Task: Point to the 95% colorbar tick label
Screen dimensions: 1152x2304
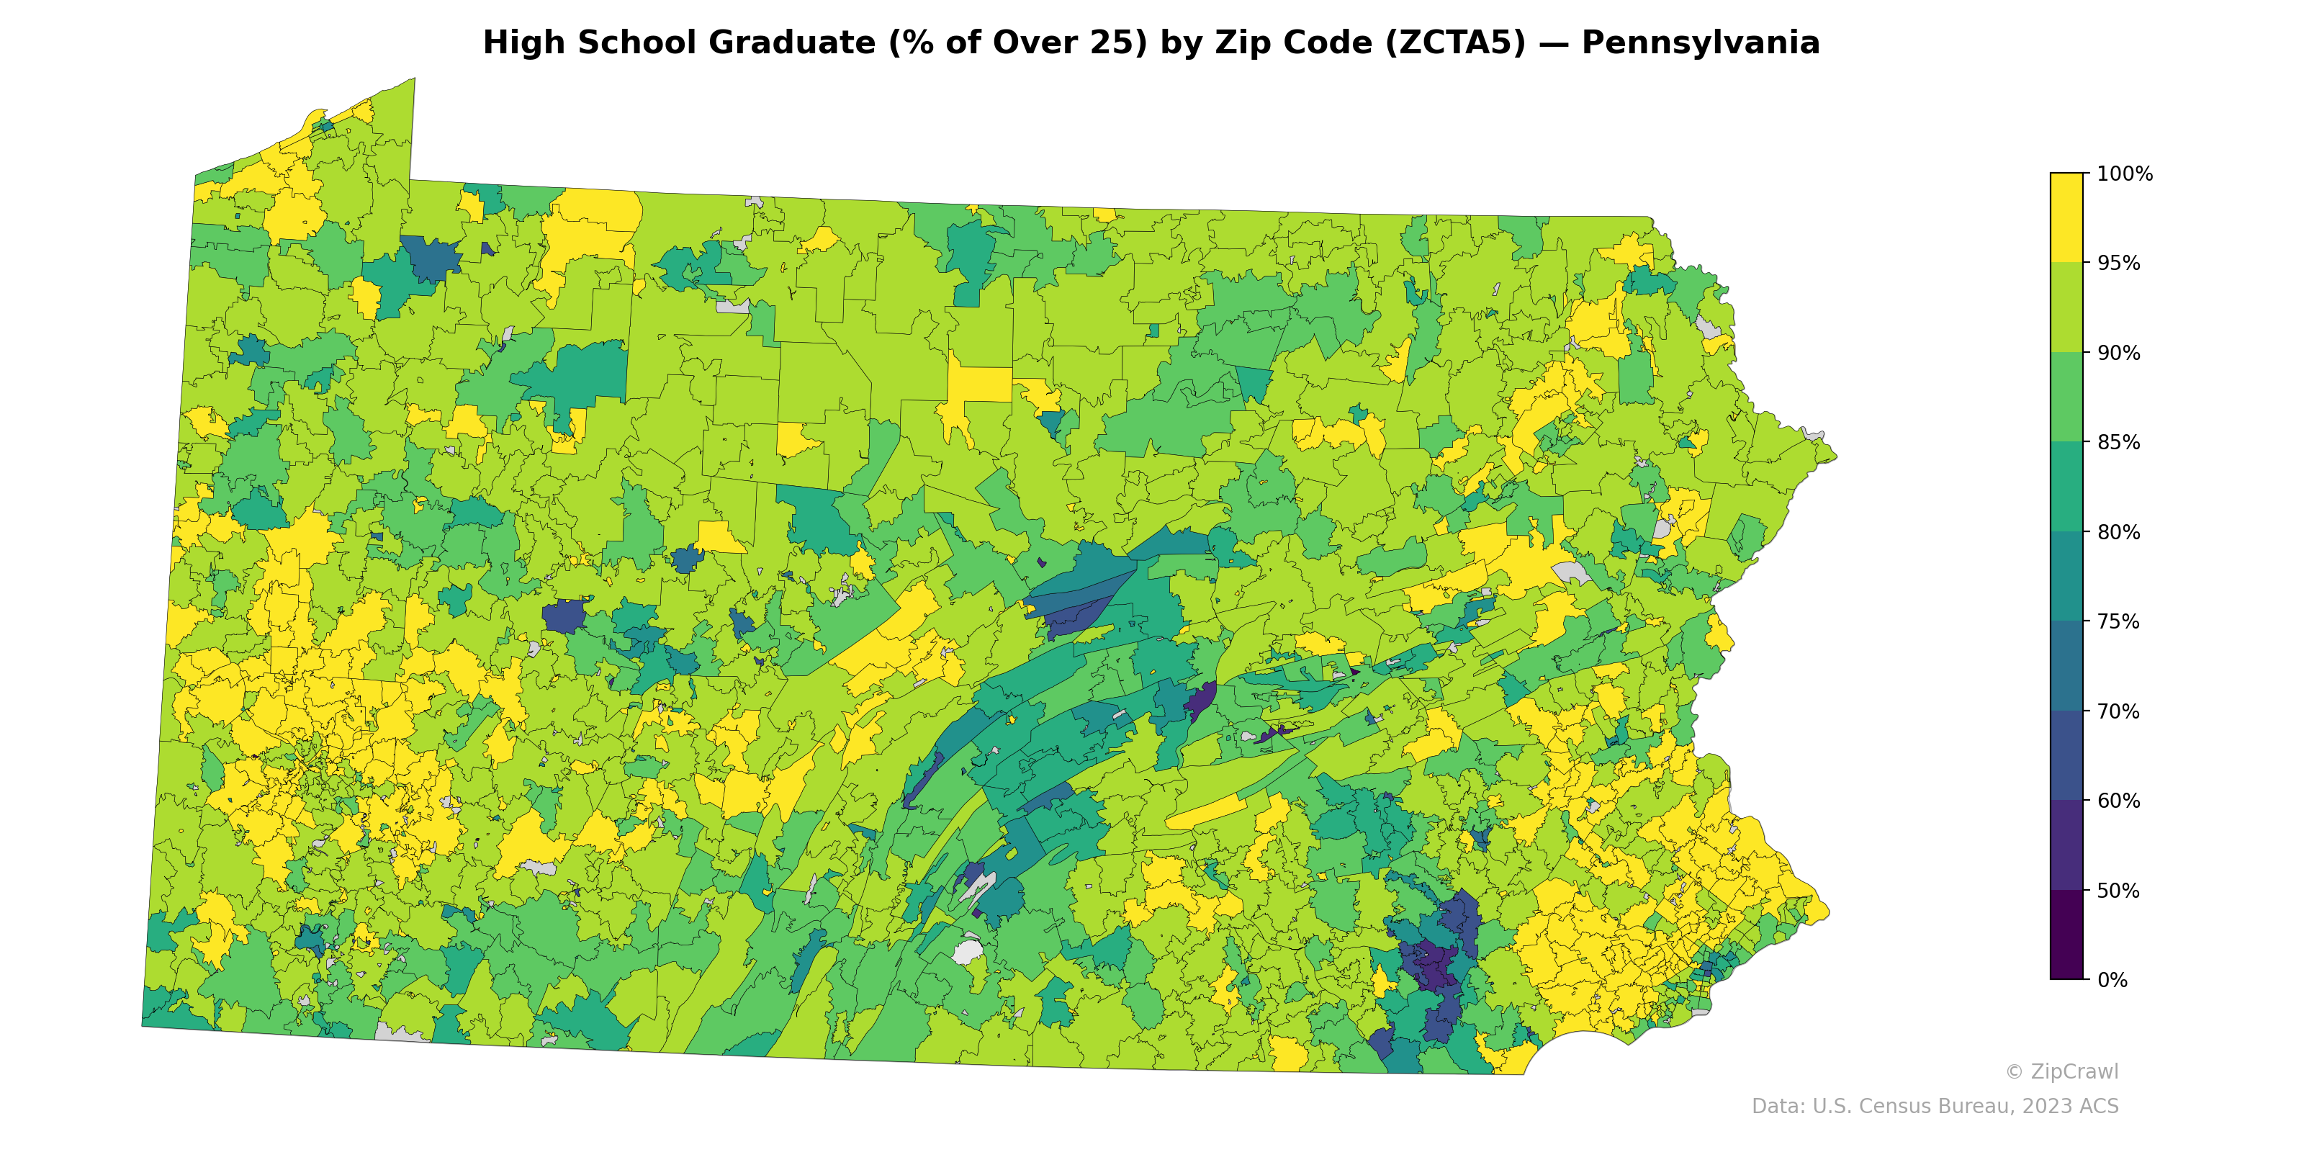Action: [2118, 263]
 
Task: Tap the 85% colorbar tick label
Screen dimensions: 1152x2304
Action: [2118, 442]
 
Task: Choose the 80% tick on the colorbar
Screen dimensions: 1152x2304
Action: [2118, 532]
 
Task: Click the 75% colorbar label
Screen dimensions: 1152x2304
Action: [2118, 621]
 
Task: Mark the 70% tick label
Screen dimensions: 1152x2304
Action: [2118, 711]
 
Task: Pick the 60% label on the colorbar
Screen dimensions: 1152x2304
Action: [2118, 801]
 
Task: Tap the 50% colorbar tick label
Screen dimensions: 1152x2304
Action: [2118, 891]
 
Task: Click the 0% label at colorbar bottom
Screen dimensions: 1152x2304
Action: [2112, 980]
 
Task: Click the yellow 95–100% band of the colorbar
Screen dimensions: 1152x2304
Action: [2066, 217]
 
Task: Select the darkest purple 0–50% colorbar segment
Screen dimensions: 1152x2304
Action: [2066, 935]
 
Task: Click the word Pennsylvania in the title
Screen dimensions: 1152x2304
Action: [1699, 43]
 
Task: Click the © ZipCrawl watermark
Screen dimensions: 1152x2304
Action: [2061, 1071]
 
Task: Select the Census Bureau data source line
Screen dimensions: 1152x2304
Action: [1934, 1107]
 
